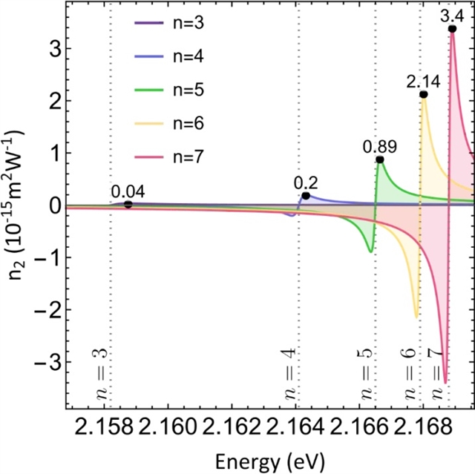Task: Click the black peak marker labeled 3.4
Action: pos(452,29)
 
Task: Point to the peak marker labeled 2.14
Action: pos(424,94)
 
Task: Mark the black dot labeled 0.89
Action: pos(380,159)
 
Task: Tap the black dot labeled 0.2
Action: pos(305,196)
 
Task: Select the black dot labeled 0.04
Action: pos(128,204)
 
